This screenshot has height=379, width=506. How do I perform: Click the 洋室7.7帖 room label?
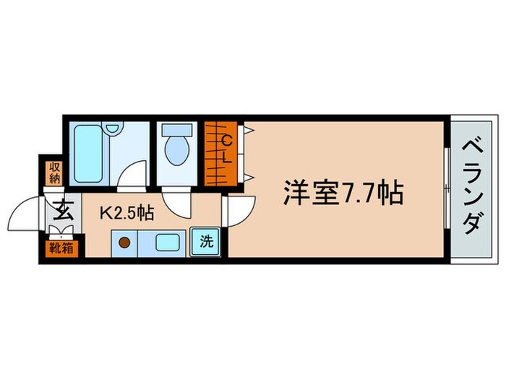point(342,192)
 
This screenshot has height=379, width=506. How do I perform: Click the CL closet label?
point(226,147)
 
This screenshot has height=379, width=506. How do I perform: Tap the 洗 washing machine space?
point(207,241)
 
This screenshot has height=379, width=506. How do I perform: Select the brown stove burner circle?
point(124,243)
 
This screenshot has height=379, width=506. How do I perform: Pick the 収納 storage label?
point(54,173)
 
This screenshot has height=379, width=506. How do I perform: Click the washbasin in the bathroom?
point(112,129)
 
